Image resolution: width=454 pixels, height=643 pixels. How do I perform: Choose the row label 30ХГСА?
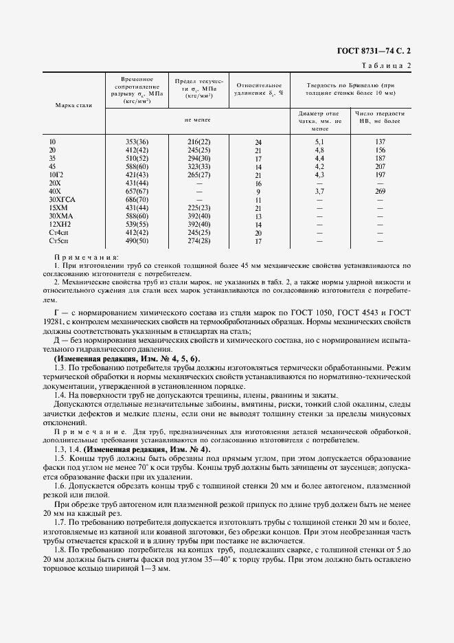tap(60, 200)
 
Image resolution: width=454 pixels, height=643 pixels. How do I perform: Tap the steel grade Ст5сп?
tap(57, 242)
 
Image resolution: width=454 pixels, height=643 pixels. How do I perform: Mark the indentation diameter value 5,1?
tap(319, 142)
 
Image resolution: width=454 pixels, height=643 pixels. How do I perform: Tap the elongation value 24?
tap(258, 142)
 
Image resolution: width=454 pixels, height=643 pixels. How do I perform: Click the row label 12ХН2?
tap(58, 225)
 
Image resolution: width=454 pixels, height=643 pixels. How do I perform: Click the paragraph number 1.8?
tap(60, 550)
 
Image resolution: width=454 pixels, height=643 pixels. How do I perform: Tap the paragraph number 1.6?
tap(60, 485)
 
